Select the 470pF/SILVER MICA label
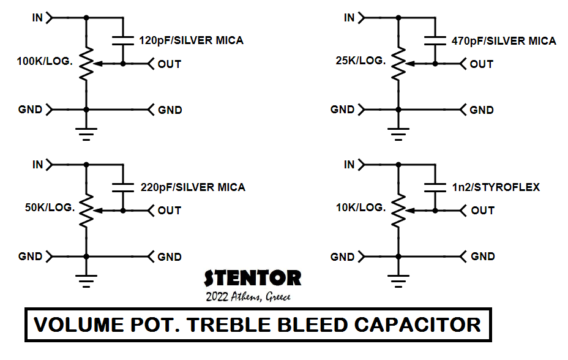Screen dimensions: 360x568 [504, 41]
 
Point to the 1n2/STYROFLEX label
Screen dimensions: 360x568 [496, 187]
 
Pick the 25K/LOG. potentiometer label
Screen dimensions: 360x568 [361, 61]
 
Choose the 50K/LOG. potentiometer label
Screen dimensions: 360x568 [50, 208]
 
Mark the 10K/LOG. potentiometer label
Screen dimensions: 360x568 [361, 208]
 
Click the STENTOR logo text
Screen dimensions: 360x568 [252, 279]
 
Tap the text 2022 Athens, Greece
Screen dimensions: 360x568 [248, 297]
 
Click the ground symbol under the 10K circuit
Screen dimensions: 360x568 [399, 280]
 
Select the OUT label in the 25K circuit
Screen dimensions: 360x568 [481, 64]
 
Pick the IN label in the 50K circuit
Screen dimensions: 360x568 [38, 165]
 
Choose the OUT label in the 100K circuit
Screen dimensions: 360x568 [169, 64]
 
